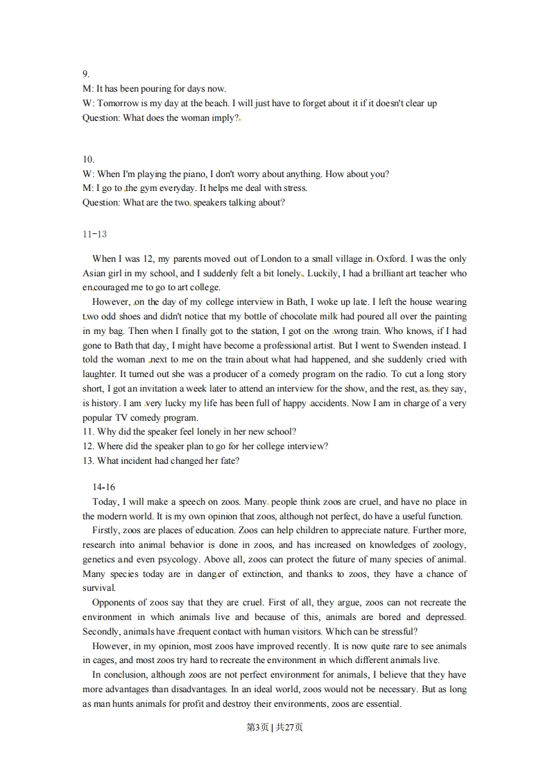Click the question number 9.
86,74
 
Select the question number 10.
88,159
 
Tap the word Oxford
391,259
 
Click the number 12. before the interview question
88,446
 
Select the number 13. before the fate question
88,461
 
